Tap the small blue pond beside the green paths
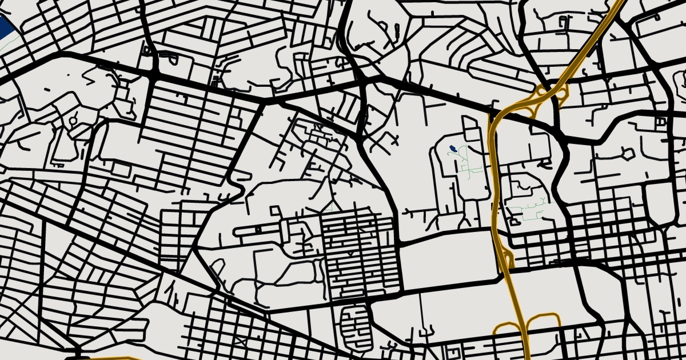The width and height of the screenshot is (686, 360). click(x=452, y=149)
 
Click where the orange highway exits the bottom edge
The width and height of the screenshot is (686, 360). click(x=527, y=357)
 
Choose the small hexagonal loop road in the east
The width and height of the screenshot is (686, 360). click(x=628, y=154)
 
